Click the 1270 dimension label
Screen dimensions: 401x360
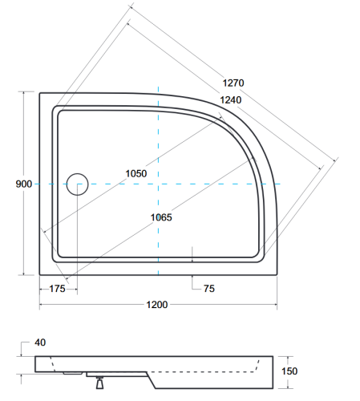(233, 82)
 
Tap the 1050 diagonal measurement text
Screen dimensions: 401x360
(136, 174)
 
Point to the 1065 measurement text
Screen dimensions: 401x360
(160, 217)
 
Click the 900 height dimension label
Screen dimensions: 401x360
(23, 184)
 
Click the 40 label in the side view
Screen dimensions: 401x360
(40, 342)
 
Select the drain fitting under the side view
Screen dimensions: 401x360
(100, 383)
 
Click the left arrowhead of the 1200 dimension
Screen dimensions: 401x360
(41, 303)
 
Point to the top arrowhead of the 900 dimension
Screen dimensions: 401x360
(23, 95)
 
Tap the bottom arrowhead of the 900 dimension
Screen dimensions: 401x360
(23, 273)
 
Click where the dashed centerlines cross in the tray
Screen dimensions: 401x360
(159, 184)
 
